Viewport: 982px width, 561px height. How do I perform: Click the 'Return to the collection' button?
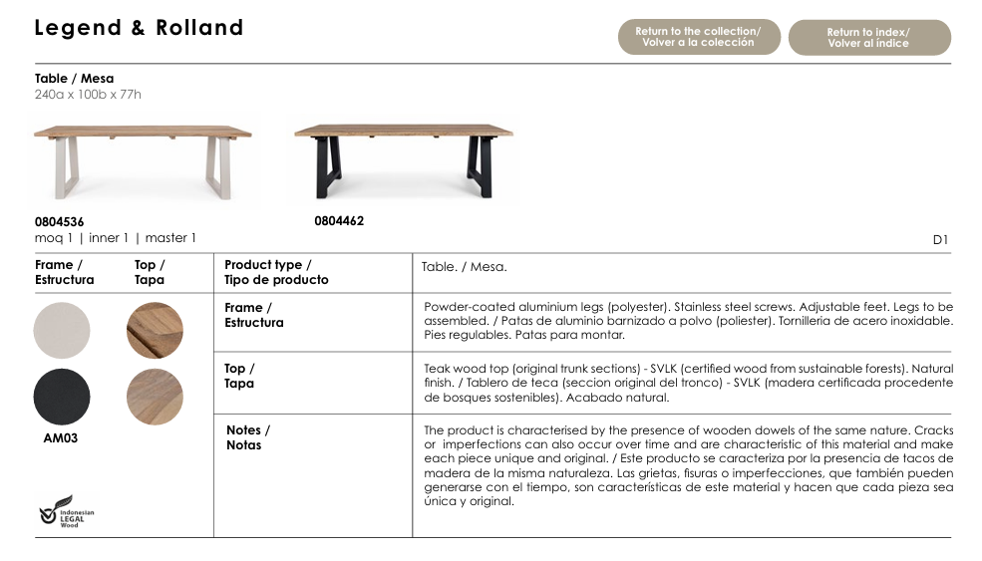coord(698,37)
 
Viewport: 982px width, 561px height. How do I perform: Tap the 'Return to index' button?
coord(868,38)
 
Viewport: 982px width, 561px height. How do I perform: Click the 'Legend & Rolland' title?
coord(139,28)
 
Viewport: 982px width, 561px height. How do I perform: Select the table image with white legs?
coord(142,158)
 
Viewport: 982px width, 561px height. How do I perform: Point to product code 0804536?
coord(60,222)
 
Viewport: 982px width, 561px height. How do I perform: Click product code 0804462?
coord(339,221)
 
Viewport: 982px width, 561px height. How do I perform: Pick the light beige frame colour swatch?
coord(62,330)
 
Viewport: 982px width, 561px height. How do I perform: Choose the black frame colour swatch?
coord(62,397)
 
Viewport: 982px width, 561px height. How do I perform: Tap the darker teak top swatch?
coord(155,330)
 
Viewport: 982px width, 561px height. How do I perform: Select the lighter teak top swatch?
coord(155,397)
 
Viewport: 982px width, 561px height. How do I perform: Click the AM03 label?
coord(60,438)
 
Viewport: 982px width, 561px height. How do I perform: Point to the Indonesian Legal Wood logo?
coord(67,511)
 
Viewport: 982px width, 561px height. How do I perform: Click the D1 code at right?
coord(940,239)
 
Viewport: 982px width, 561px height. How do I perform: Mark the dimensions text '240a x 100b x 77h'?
coord(88,95)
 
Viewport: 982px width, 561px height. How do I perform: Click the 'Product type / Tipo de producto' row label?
coord(275,272)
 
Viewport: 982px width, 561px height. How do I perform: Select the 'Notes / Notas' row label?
coord(247,437)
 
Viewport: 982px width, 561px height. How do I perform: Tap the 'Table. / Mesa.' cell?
coord(464,267)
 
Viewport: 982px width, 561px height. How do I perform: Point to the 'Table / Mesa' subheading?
coord(74,78)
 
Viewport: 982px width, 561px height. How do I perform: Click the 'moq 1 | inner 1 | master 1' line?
coord(116,238)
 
